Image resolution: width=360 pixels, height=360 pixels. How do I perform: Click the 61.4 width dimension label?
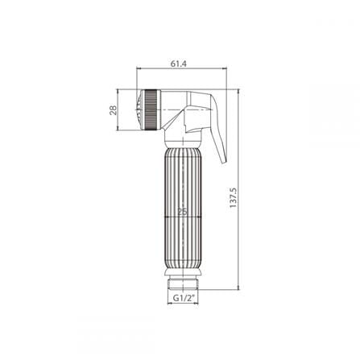click(x=179, y=64)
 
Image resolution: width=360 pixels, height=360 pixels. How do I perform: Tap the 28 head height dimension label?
click(x=114, y=110)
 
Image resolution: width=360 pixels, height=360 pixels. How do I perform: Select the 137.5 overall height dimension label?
click(x=233, y=197)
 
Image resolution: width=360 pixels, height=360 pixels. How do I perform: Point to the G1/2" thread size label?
click(x=184, y=298)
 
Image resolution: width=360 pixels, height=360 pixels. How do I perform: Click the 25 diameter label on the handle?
click(x=183, y=212)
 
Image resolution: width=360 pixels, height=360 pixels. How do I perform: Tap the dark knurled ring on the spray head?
click(x=151, y=110)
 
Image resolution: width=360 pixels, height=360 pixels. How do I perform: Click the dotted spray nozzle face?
click(x=139, y=110)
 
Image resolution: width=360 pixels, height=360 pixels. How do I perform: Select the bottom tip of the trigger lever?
click(x=224, y=163)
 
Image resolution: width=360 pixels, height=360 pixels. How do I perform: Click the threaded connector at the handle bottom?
click(x=183, y=284)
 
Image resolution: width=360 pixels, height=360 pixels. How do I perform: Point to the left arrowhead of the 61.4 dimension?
click(x=139, y=68)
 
